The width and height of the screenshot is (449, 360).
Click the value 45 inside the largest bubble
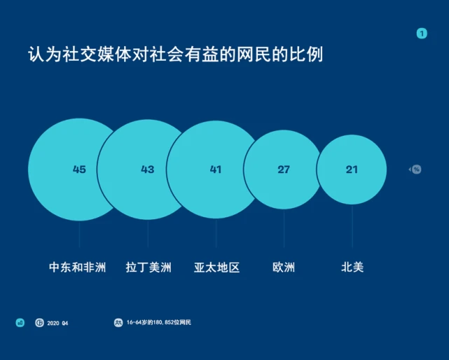click(x=79, y=169)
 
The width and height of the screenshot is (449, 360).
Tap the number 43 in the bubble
click(x=147, y=169)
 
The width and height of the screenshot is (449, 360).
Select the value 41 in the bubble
click(x=216, y=169)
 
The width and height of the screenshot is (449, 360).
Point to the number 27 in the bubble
click(x=284, y=169)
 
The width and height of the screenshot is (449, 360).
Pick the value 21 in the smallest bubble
click(x=352, y=169)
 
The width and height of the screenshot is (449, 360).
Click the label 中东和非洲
click(x=78, y=268)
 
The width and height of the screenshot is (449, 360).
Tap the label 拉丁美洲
click(x=148, y=268)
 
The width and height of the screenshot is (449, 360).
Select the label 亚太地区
click(x=216, y=268)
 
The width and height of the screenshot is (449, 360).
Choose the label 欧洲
click(x=284, y=268)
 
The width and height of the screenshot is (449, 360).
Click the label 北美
click(x=352, y=268)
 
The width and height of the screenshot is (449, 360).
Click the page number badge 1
click(x=422, y=33)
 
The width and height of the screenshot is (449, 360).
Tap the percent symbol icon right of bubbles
click(x=416, y=169)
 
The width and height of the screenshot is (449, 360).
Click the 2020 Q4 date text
click(x=57, y=323)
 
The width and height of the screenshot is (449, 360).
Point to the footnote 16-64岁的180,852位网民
click(x=158, y=322)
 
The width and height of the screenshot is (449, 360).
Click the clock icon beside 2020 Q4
click(x=39, y=322)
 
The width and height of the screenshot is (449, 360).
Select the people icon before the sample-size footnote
click(x=118, y=322)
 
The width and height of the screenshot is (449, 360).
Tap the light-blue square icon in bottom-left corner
click(x=20, y=322)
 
